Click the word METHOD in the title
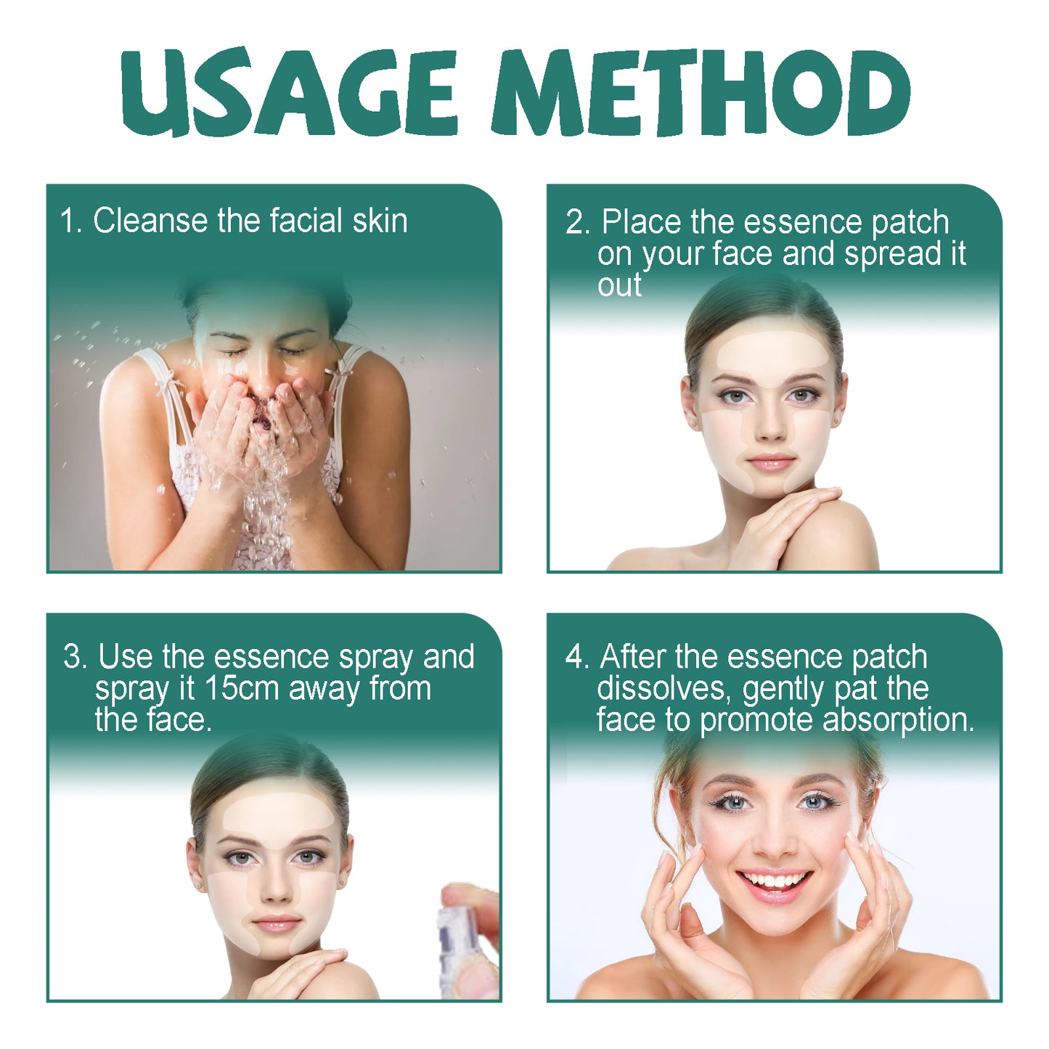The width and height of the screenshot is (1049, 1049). (701, 93)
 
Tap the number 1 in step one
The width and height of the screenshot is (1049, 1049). (68, 221)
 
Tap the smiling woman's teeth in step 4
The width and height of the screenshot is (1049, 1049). (775, 881)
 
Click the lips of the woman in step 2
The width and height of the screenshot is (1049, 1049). (770, 462)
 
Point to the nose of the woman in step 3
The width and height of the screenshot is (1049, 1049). (276, 891)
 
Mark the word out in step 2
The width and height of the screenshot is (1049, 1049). (619, 285)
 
